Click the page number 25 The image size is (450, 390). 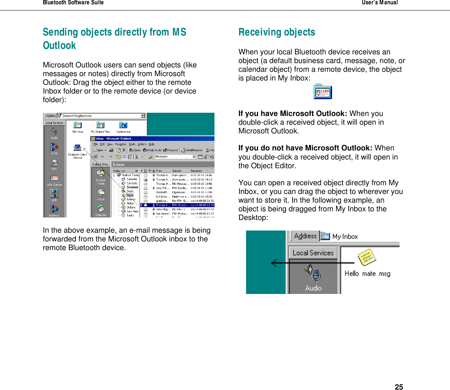[x=398, y=387]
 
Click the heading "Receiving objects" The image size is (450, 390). [x=277, y=32]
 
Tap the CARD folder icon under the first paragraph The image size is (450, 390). [x=323, y=92]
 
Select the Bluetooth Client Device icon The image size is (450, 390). [x=77, y=148]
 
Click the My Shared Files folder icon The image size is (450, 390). [x=100, y=125]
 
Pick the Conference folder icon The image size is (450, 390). [x=123, y=125]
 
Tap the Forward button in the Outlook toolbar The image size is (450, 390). [x=171, y=150]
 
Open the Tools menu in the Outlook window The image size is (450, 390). [x=132, y=144]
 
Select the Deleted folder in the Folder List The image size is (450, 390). [x=132, y=187]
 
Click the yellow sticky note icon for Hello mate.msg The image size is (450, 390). [x=367, y=257]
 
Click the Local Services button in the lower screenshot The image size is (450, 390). [x=313, y=253]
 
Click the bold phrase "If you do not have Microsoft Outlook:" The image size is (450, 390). [x=305, y=148]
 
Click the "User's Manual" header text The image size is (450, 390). [x=379, y=3]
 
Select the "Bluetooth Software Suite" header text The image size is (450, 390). [x=73, y=3]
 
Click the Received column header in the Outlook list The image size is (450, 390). [x=196, y=171]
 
